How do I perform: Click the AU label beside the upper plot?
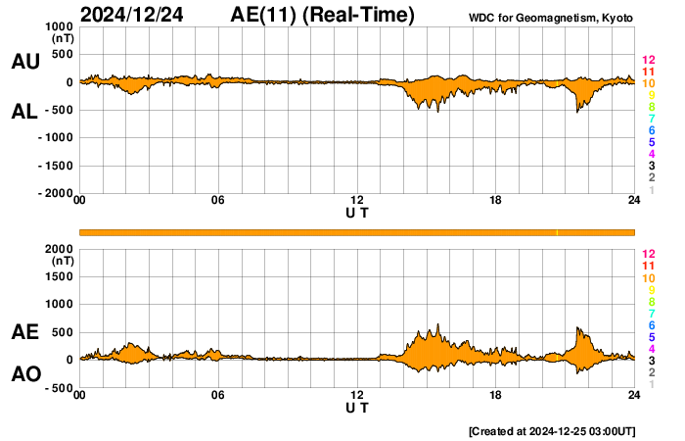[24, 62]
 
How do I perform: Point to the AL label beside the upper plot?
[24, 112]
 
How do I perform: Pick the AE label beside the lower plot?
[24, 332]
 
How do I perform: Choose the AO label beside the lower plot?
[24, 374]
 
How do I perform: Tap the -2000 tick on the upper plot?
[54, 193]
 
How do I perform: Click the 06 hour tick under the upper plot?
[218, 200]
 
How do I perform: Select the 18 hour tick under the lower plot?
[496, 395]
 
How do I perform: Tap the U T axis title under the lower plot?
[357, 407]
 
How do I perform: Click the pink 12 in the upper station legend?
[648, 61]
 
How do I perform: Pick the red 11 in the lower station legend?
[648, 267]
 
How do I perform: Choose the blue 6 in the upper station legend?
[651, 131]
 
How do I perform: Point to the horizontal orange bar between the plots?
[357, 231]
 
